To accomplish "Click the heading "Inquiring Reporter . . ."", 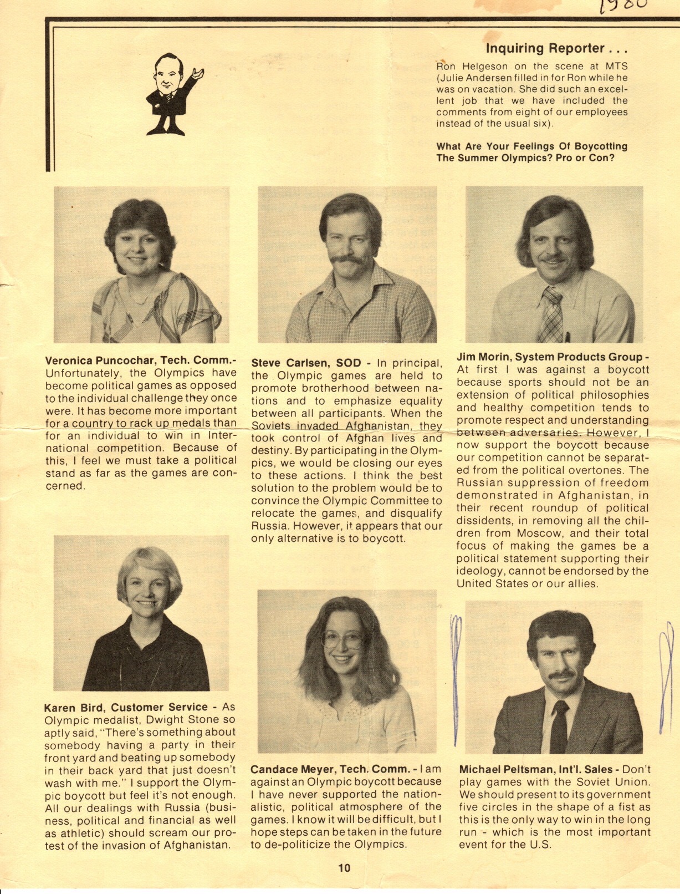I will [x=556, y=49].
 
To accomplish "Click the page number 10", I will [x=344, y=868].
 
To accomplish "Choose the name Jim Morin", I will [x=482, y=357].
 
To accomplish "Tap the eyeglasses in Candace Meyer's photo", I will [x=342, y=640].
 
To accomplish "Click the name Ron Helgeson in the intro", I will [x=468, y=66].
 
